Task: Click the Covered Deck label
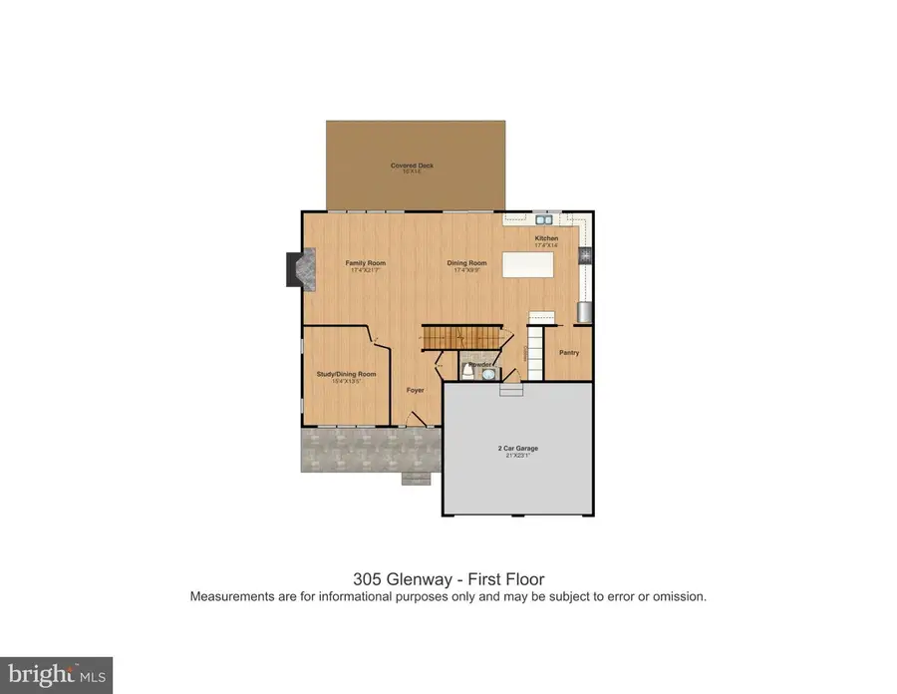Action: (x=412, y=166)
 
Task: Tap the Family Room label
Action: (x=365, y=263)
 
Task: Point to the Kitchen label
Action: (x=546, y=239)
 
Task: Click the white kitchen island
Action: (x=528, y=265)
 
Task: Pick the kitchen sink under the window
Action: (x=543, y=219)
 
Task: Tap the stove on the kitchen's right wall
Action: (x=585, y=256)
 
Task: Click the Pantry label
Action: (x=569, y=352)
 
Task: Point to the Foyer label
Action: (x=416, y=390)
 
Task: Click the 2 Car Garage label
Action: (x=517, y=449)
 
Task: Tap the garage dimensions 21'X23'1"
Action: (x=517, y=457)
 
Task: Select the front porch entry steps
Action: (x=416, y=479)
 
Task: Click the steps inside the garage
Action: (x=511, y=390)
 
